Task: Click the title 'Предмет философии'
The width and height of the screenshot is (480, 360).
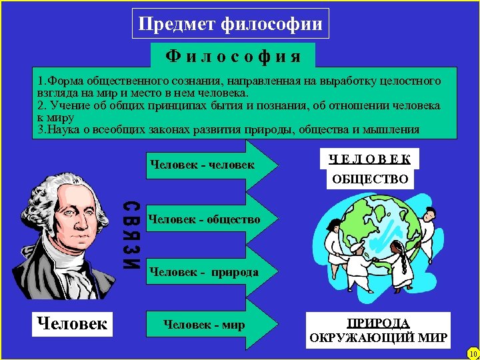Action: [230, 25]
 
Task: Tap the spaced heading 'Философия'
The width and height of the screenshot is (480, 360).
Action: [233, 54]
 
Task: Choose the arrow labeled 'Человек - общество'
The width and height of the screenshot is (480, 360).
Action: [204, 219]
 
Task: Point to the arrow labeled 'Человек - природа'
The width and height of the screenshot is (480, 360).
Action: [204, 272]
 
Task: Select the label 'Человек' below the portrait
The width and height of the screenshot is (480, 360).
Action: [72, 324]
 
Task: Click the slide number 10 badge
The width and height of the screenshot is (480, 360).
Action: [472, 353]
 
